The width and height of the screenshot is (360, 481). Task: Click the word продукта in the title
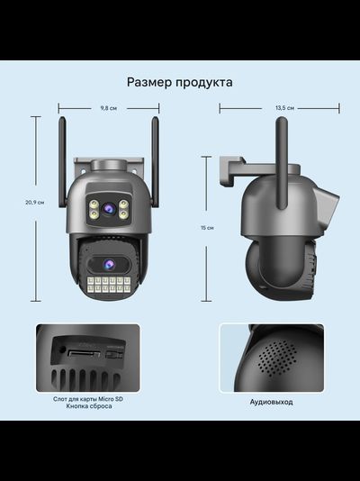point(205,82)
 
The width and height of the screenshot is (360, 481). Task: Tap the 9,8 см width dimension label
point(108,107)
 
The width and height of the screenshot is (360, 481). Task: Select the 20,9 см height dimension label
point(34,203)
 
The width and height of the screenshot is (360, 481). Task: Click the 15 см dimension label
point(208,228)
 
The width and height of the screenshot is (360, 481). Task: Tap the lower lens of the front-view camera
point(108,264)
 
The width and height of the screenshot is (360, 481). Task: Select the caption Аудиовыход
point(271,402)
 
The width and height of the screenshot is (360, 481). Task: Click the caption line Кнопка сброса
point(88,407)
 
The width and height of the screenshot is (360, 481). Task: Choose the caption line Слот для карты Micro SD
point(88,398)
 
